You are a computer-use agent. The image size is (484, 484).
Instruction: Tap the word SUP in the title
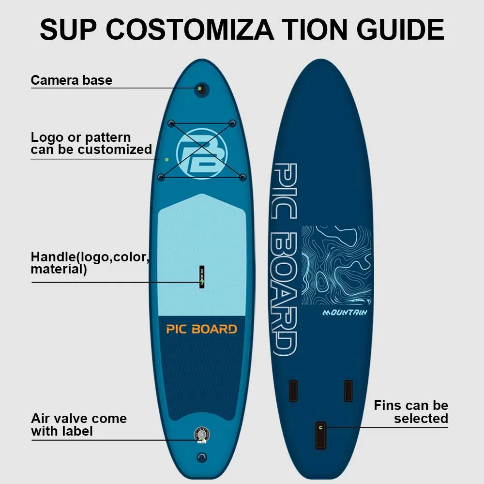click(x=68, y=30)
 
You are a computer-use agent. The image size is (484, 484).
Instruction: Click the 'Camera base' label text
click(x=71, y=80)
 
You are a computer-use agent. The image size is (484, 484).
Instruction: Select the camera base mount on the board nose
click(x=200, y=89)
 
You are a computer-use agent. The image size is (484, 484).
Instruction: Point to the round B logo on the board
click(x=202, y=153)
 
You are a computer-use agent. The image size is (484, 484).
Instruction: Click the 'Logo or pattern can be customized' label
click(x=91, y=143)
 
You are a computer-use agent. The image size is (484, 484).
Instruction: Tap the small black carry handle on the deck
click(x=202, y=277)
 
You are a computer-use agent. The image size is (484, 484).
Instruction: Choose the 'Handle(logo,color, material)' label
click(x=90, y=263)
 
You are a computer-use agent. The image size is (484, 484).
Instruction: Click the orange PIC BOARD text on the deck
click(x=201, y=329)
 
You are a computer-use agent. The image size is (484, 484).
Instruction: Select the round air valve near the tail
click(x=201, y=434)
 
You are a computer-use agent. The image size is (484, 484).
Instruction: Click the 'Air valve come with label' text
click(x=78, y=424)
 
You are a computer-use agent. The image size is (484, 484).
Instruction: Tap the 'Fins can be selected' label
click(x=411, y=412)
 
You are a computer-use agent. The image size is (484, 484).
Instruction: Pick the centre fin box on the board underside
click(x=320, y=435)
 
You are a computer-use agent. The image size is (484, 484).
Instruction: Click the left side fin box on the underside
click(x=293, y=391)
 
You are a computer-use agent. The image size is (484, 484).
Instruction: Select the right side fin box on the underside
click(x=348, y=391)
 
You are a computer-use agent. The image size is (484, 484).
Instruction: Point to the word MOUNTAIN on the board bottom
click(x=345, y=313)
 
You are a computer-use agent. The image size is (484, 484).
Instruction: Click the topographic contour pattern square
click(x=337, y=265)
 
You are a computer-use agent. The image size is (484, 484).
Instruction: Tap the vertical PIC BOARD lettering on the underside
click(x=284, y=259)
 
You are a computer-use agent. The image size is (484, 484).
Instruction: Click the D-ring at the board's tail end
click(x=202, y=457)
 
